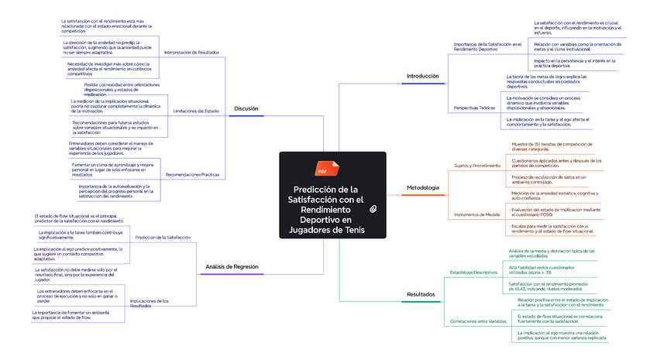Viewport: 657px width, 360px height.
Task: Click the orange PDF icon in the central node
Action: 322,170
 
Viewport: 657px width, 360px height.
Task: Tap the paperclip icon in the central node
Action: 373,209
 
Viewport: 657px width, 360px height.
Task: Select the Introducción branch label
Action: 423,77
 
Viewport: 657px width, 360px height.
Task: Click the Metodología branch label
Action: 423,188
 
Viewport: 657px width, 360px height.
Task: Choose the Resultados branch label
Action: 421,294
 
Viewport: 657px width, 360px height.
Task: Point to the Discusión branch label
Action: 246,108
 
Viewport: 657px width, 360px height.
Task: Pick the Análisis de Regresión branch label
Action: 232,266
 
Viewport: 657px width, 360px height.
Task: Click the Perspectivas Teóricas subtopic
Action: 474,108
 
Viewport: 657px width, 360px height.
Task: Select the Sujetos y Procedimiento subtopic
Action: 477,166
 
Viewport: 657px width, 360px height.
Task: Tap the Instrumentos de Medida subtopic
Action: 476,214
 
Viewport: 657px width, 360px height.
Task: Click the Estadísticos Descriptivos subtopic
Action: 473,273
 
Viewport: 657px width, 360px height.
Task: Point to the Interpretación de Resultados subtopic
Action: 191,52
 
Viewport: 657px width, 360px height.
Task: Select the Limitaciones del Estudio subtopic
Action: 196,111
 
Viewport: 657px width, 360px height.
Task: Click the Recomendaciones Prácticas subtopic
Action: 192,175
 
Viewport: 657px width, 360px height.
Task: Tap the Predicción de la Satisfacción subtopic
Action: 163,237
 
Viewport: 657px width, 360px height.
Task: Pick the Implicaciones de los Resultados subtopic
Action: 150,303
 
